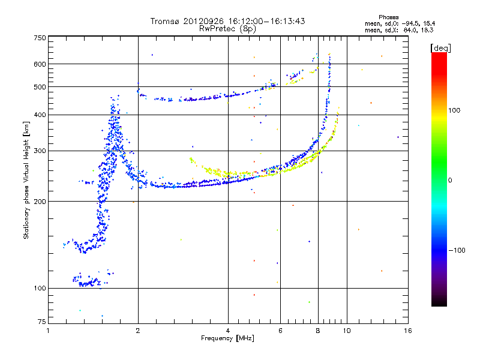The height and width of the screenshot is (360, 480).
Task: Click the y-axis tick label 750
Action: pyautogui.click(x=40, y=37)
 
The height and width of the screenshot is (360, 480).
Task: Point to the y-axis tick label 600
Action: pyautogui.click(x=40, y=64)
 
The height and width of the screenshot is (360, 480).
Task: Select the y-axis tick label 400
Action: pyautogui.click(x=40, y=115)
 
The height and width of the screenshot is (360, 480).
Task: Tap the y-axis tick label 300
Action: pyautogui.click(x=40, y=151)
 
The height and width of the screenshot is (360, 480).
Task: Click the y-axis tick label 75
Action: pyautogui.click(x=41, y=323)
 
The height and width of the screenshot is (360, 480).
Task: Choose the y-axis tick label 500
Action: pyautogui.click(x=40, y=87)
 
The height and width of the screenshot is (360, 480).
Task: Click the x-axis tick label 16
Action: pyautogui.click(x=407, y=331)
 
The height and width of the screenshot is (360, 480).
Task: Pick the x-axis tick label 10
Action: pyautogui.click(x=346, y=331)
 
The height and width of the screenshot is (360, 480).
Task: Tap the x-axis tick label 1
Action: pyautogui.click(x=49, y=331)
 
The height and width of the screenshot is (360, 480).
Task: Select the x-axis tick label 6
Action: pyautogui.click(x=280, y=331)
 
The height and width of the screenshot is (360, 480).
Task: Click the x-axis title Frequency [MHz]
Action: pyautogui.click(x=228, y=339)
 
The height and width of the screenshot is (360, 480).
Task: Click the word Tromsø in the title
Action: pyautogui.click(x=165, y=21)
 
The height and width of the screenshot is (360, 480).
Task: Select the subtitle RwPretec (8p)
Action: pyautogui.click(x=228, y=28)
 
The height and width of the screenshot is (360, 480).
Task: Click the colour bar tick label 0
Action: pyautogui.click(x=450, y=180)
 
